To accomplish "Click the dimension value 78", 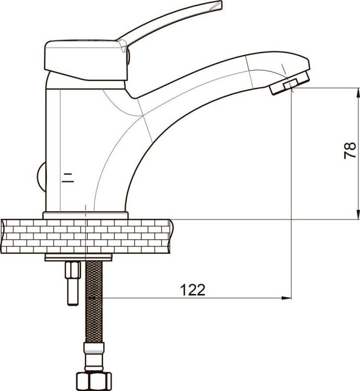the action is (350, 150).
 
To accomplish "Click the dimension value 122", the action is (193, 290).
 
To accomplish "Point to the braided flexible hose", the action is (94, 302).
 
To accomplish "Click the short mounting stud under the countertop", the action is (73, 283).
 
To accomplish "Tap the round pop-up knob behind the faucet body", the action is (42, 177).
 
